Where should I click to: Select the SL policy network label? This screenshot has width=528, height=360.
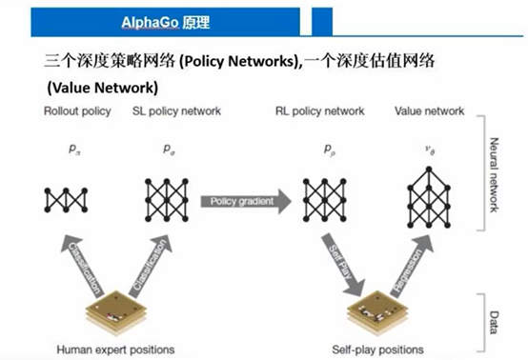176,111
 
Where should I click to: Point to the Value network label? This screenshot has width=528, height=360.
430,111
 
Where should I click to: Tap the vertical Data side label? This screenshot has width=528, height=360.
496,320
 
